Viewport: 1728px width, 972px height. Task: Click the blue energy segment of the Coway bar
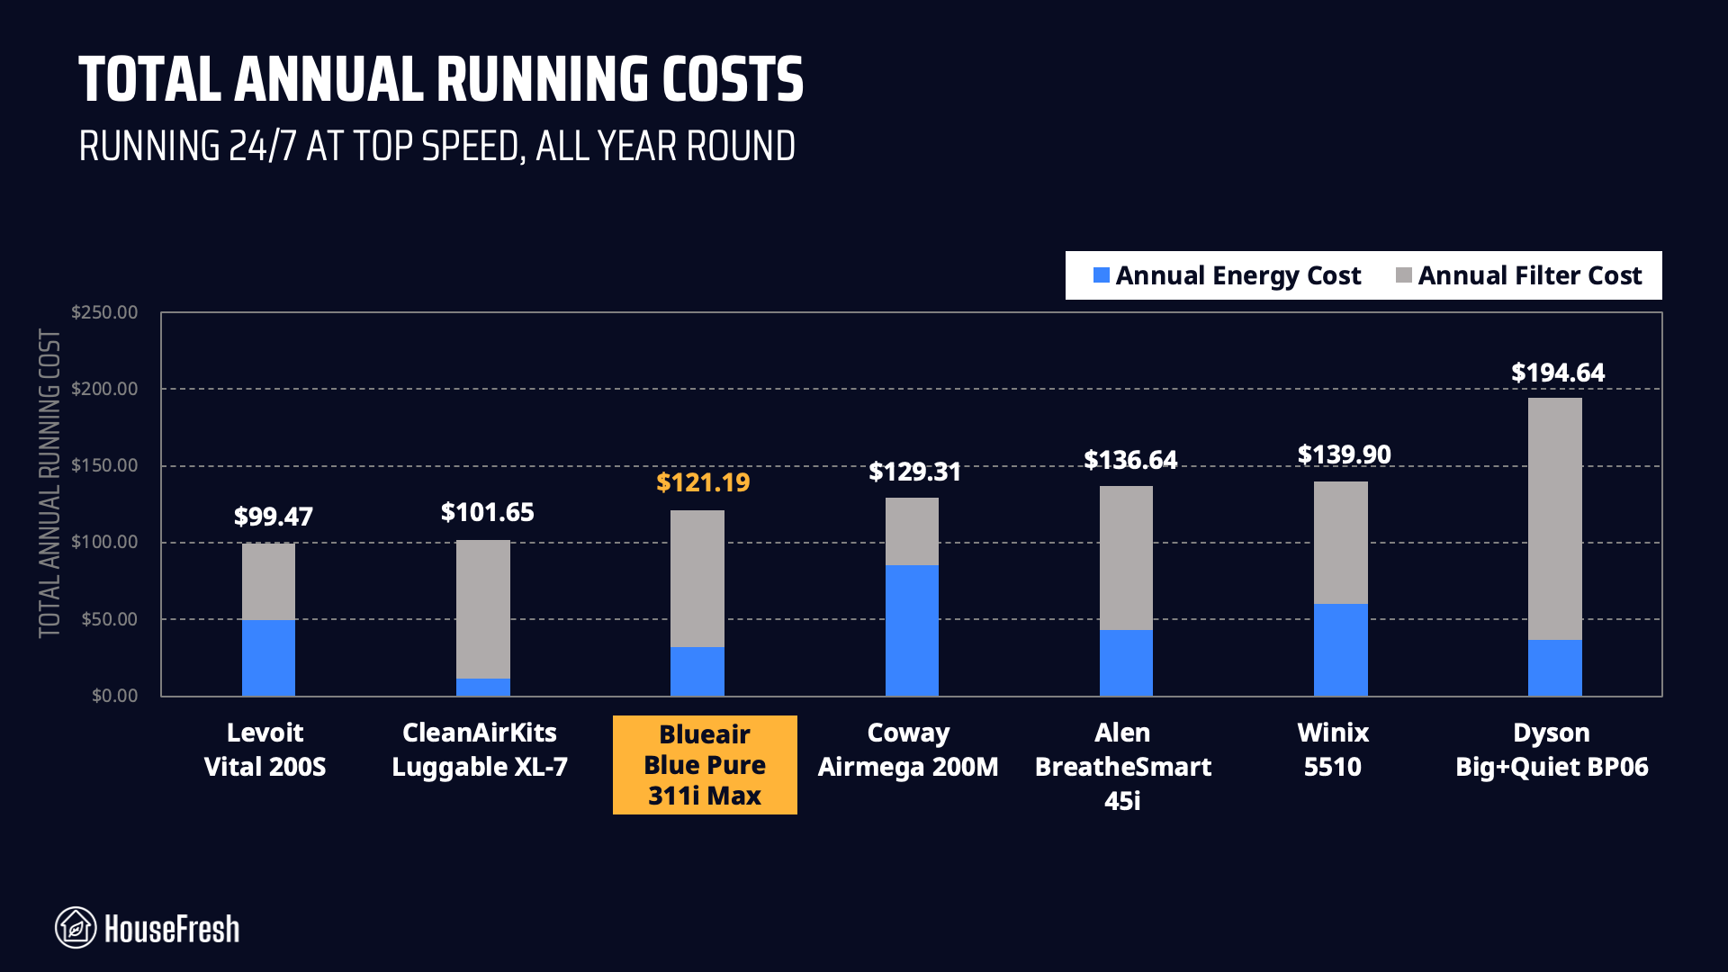coord(912,630)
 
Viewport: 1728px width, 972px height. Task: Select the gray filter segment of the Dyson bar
coord(1554,518)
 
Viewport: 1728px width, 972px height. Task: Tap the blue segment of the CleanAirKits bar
coord(482,687)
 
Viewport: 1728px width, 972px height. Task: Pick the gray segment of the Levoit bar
coord(268,581)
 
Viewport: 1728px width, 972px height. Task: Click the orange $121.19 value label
coord(703,482)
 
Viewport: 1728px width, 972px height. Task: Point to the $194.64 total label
coord(1558,373)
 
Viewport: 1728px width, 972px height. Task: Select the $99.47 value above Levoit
coord(273,517)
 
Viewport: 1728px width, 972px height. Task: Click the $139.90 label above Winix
coord(1344,454)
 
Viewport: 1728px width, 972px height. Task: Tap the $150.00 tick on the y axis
coord(104,465)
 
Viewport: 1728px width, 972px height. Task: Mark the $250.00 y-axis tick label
coord(104,312)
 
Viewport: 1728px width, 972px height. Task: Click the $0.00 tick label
coord(114,696)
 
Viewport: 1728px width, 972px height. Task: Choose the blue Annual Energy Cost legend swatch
coord(1101,275)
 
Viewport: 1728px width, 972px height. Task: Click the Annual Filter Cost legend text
coord(1529,275)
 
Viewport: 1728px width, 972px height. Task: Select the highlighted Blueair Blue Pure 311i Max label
coord(705,765)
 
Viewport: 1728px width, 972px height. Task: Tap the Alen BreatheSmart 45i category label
coord(1122,766)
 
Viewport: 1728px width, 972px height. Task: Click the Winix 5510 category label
coord(1333,750)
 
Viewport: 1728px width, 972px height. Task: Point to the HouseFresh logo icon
coord(76,928)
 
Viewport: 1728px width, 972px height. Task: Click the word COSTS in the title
coord(732,80)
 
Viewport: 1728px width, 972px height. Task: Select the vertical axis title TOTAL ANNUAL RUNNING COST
coord(49,483)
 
